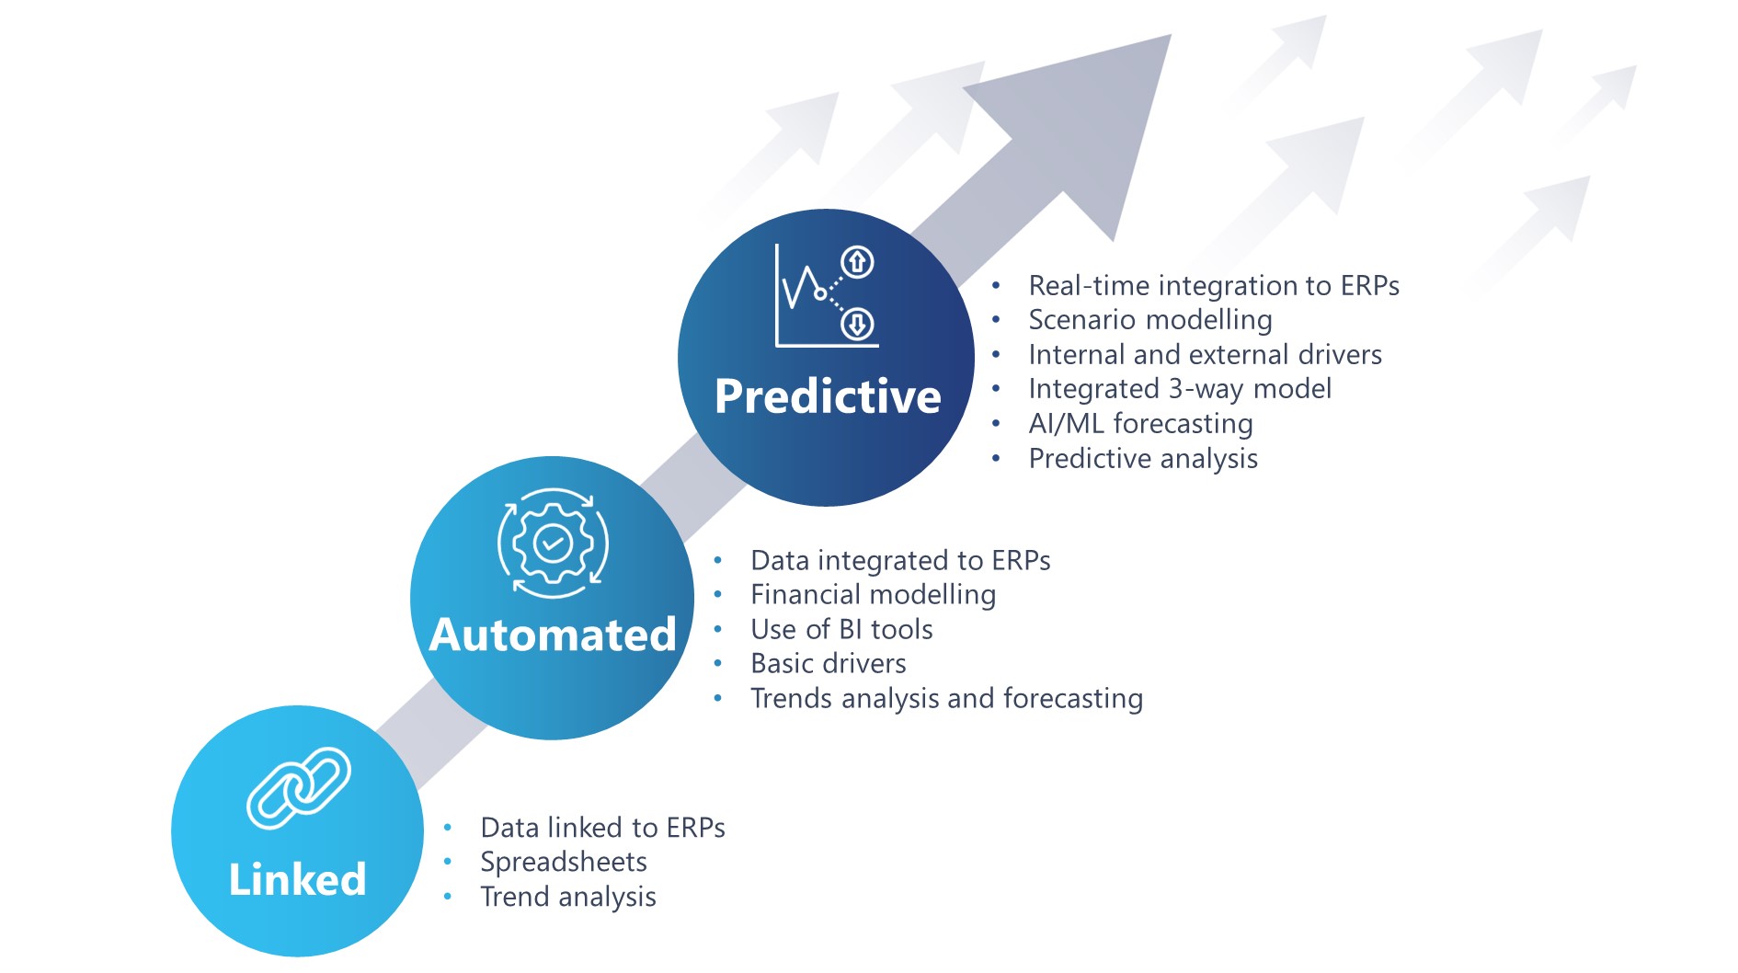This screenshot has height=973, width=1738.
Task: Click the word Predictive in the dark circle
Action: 828,397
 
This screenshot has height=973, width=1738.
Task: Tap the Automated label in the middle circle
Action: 553,635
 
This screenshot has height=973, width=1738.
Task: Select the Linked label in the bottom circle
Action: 297,879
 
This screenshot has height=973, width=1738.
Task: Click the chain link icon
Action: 299,787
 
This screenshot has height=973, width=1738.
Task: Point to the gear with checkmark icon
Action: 553,543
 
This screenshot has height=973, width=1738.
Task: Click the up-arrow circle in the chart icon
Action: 857,262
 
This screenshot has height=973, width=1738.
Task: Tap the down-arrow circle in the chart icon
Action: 857,324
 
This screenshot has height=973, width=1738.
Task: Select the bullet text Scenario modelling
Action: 1149,320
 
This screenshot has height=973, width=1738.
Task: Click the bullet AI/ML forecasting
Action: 1140,423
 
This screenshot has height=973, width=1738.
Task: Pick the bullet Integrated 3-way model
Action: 1179,389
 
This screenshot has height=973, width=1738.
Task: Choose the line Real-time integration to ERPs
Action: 1213,286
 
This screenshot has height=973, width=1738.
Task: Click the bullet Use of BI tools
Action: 841,629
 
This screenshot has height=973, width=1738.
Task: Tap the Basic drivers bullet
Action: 828,663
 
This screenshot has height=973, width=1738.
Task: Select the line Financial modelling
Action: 873,595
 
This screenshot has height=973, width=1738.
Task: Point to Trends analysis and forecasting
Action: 946,699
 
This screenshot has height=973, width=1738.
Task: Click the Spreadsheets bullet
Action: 563,862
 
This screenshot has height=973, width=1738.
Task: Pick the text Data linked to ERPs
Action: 602,828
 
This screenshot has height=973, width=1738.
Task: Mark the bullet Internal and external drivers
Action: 1205,355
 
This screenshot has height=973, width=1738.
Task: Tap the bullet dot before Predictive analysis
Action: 996,458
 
